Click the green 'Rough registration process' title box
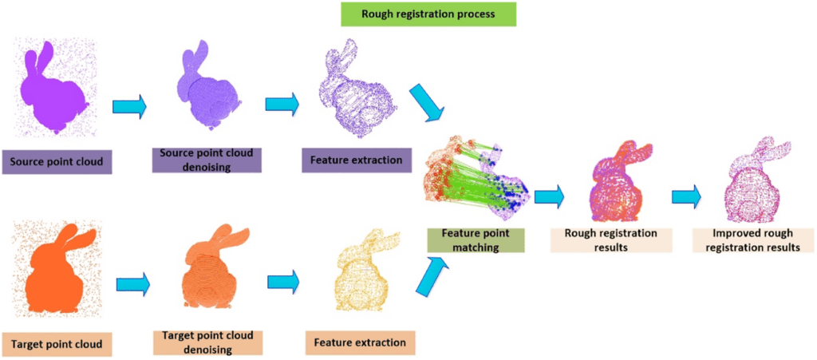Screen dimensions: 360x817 point(428,14)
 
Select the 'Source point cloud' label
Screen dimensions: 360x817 point(57,162)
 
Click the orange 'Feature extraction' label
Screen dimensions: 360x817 point(359,343)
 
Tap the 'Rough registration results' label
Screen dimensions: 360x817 point(610,240)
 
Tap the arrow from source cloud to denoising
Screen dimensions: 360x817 point(130,105)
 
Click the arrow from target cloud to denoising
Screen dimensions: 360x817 point(133,283)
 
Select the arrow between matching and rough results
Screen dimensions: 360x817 point(549,196)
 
